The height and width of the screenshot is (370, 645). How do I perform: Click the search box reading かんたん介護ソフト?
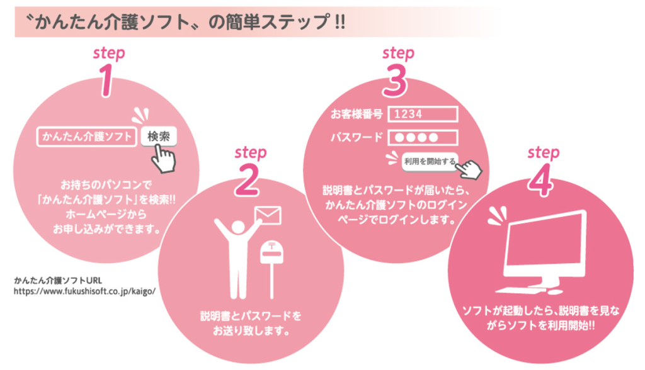(88, 136)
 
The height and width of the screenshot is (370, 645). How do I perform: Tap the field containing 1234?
(422, 114)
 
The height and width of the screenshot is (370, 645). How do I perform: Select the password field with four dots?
(422, 138)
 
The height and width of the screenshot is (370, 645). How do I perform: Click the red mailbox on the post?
(273, 252)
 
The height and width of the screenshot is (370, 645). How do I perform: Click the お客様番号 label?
(357, 114)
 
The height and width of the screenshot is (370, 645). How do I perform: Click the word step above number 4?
(544, 152)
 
